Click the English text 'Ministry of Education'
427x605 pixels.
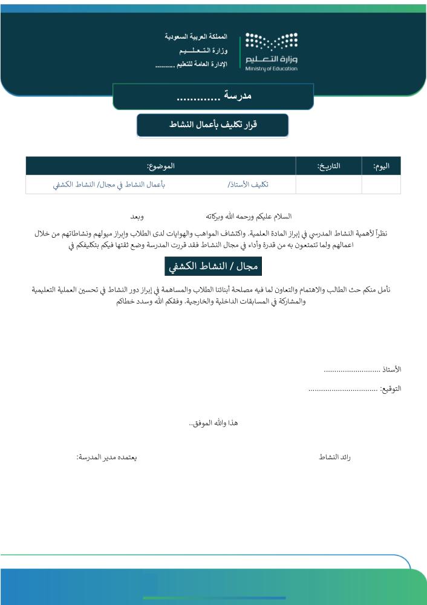click(x=272, y=68)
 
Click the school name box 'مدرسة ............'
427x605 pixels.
click(x=213, y=96)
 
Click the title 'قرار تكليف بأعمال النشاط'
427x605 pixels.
click(x=212, y=125)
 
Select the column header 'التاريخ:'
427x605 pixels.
click(x=328, y=166)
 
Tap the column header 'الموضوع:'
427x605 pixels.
click(x=160, y=166)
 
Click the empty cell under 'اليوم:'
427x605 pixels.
click(x=381, y=185)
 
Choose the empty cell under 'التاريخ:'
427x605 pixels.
click(x=328, y=185)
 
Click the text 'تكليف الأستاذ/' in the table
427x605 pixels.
click(x=248, y=185)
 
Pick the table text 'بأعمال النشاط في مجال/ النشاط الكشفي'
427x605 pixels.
click(x=109, y=185)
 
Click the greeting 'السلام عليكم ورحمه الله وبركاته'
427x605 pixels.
click(x=249, y=216)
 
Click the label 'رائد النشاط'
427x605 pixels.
click(x=335, y=457)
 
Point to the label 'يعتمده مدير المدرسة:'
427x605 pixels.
click(x=106, y=457)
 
